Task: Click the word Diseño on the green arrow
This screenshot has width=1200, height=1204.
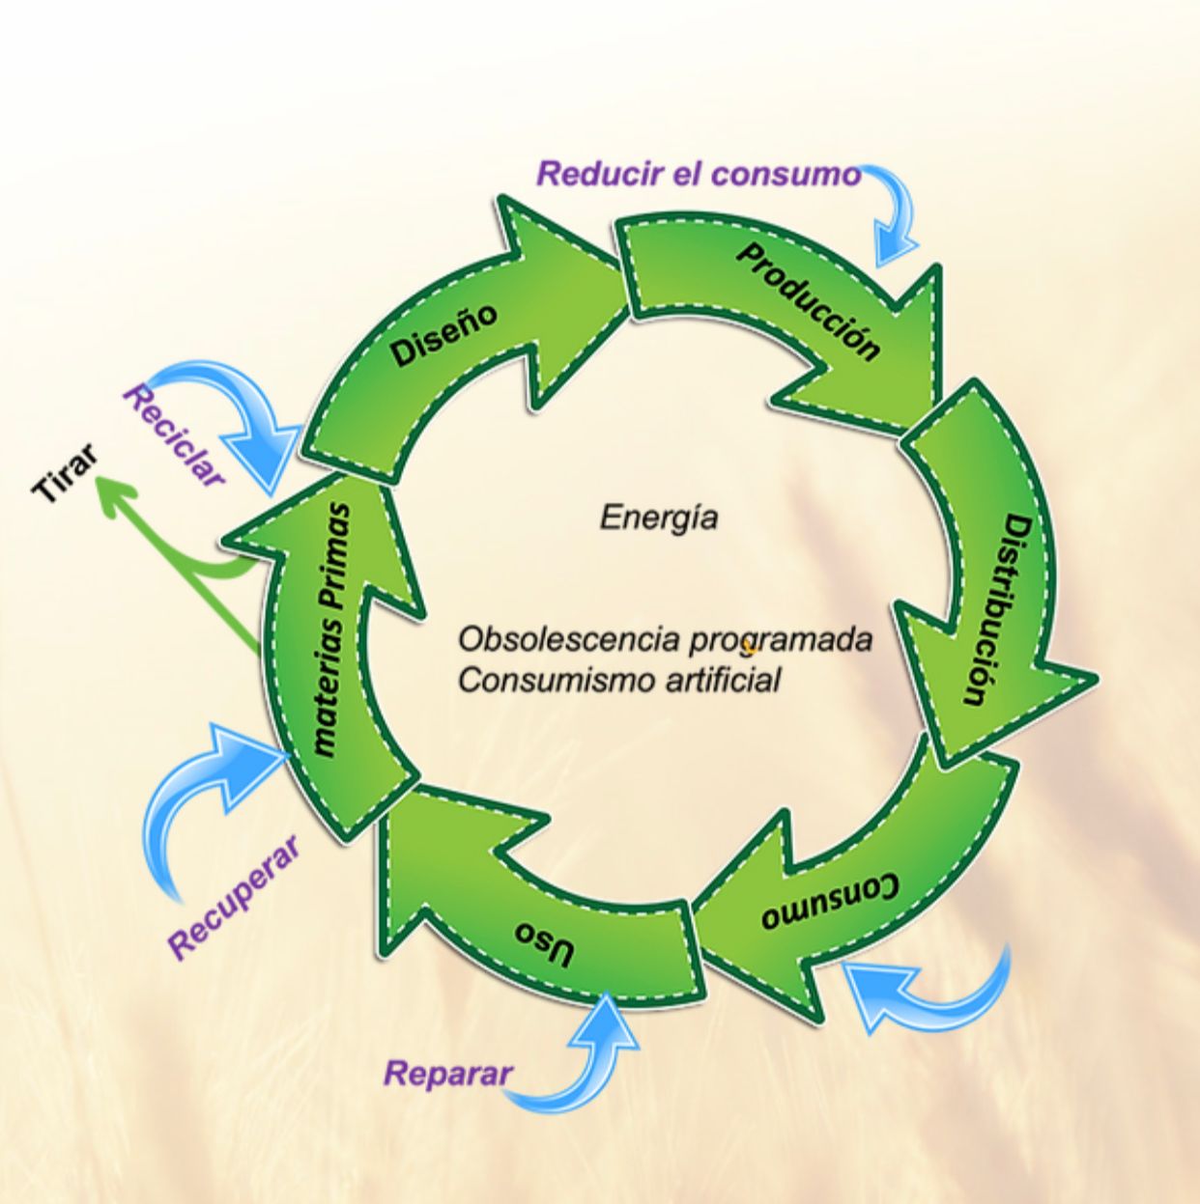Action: click(x=444, y=335)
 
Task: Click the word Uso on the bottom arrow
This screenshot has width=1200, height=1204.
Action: click(x=545, y=942)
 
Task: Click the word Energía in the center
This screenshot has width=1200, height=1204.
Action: click(x=659, y=518)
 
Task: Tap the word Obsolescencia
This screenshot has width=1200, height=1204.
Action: click(x=554, y=639)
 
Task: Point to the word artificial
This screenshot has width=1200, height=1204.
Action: click(x=723, y=680)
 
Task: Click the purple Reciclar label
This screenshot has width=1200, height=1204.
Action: click(x=175, y=434)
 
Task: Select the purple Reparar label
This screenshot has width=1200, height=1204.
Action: click(x=447, y=1073)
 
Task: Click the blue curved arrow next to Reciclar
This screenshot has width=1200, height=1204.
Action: click(x=246, y=415)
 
